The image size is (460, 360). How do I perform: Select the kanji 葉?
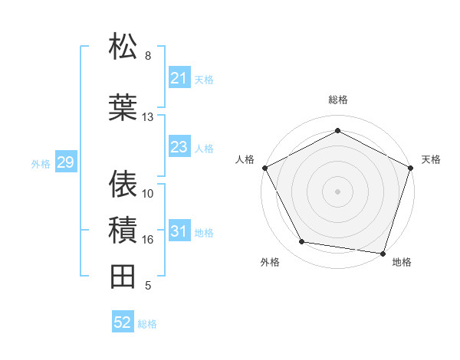[x=123, y=107]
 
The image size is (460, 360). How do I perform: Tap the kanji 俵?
[x=123, y=184]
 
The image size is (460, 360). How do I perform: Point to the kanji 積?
[x=123, y=230]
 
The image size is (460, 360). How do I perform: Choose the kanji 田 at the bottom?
[x=123, y=276]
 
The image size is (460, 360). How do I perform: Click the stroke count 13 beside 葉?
[x=147, y=117]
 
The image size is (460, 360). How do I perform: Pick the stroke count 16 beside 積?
[x=147, y=240]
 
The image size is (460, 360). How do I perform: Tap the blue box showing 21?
[x=179, y=78]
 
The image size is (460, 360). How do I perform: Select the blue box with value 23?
[x=179, y=147]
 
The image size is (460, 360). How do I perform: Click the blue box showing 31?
[x=179, y=231]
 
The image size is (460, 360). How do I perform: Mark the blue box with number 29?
[x=65, y=162]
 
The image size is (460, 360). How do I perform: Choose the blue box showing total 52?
[x=122, y=322]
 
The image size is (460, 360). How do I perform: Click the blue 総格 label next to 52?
[x=147, y=324]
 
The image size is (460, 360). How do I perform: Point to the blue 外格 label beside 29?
[x=41, y=163]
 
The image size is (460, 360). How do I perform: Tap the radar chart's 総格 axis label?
[x=337, y=100]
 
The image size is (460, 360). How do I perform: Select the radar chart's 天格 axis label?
[x=431, y=159]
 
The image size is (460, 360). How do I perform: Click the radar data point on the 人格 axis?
[x=264, y=168]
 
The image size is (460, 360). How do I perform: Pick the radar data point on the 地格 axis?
[x=383, y=252]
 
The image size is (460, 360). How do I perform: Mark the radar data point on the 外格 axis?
[x=302, y=242]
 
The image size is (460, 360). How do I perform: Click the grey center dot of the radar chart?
[x=337, y=191]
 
